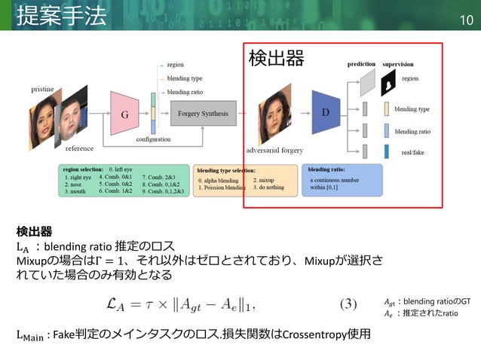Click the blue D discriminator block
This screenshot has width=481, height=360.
tap(326, 111)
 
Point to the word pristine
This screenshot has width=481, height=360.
tap(42, 89)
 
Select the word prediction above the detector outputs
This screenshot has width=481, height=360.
tap(362, 65)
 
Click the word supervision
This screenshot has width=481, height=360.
tap(398, 65)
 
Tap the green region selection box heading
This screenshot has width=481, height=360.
tap(83, 169)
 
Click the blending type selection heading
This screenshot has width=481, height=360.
tap(225, 171)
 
